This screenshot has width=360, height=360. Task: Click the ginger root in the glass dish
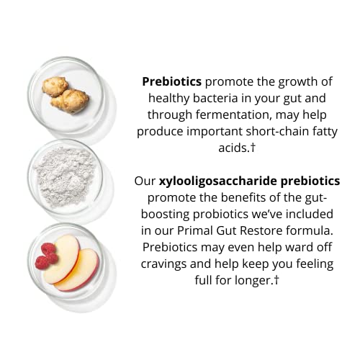[x=66, y=95]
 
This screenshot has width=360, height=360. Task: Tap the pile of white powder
[x=64, y=175]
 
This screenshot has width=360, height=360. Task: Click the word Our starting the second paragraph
[x=145, y=181]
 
